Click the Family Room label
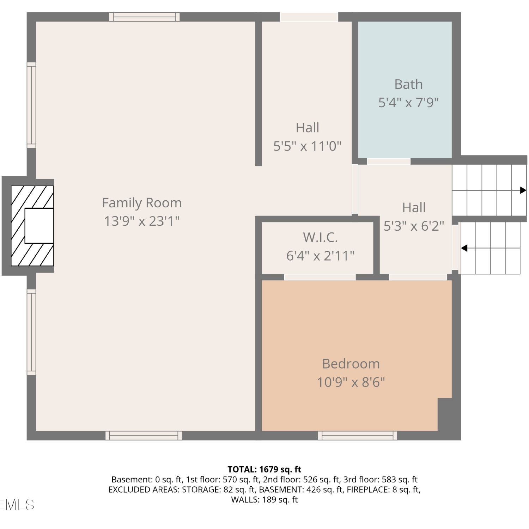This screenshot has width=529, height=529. tap(142, 203)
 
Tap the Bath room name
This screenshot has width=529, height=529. tap(408, 84)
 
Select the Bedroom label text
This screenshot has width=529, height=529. tap(351, 364)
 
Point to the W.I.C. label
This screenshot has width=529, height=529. tap(320, 237)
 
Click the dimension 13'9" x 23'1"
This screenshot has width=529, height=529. tap(142, 221)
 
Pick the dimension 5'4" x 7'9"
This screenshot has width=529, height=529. tap(408, 103)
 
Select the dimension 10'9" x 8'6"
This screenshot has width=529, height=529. tap(351, 382)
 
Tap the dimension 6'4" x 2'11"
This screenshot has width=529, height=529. tap(320, 256)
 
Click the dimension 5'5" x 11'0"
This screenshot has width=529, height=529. tap(308, 146)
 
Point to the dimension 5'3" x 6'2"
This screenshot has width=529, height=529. tap(414, 226)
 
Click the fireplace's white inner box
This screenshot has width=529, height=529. tap(39, 226)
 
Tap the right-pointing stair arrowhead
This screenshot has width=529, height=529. tap(523, 190)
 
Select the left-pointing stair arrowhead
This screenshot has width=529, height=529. tap(464, 248)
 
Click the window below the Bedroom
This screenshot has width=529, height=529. tap(358, 436)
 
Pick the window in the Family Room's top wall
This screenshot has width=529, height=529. tap(144, 17)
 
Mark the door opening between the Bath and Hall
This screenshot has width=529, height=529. tap(389, 162)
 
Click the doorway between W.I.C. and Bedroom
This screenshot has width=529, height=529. tap(320, 277)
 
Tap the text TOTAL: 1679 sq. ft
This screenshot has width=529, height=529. tap(264, 469)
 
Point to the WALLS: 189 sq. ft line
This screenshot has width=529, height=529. tap(264, 500)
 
